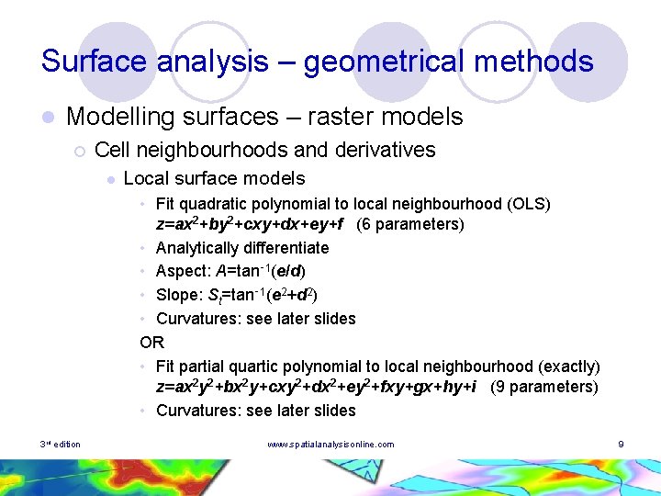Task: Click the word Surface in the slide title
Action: (95, 62)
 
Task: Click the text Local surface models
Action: (214, 178)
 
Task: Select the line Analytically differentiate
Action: (242, 248)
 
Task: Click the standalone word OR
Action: (151, 343)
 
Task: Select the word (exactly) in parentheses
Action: (569, 366)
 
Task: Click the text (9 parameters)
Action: (544, 387)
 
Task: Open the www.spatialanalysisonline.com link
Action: (330, 445)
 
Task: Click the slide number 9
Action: (622, 445)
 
